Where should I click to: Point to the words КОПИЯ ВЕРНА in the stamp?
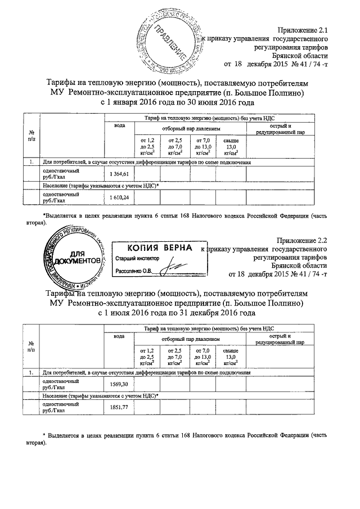click(155, 248)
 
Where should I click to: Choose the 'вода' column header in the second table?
click(119, 336)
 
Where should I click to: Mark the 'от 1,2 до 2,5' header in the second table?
click(146, 357)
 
